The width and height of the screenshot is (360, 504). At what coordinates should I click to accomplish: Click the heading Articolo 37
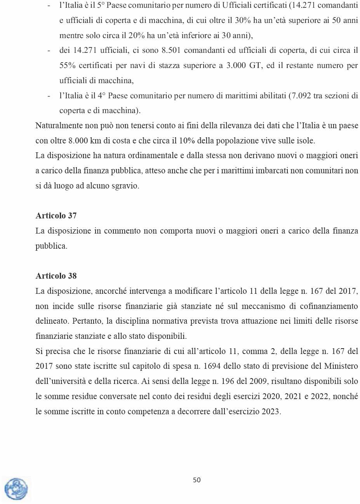click(x=56, y=216)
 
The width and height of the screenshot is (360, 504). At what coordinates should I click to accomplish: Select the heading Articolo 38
click(x=56, y=276)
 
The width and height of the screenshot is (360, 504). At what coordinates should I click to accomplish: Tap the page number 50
click(x=197, y=480)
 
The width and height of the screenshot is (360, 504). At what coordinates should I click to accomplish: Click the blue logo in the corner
click(x=16, y=489)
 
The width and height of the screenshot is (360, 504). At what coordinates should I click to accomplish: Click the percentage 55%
click(x=67, y=66)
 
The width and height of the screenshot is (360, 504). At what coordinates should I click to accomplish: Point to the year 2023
click(x=271, y=412)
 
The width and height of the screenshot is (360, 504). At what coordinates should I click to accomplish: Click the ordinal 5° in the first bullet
click(x=101, y=5)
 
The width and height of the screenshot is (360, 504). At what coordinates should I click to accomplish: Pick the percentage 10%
click(x=187, y=141)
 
